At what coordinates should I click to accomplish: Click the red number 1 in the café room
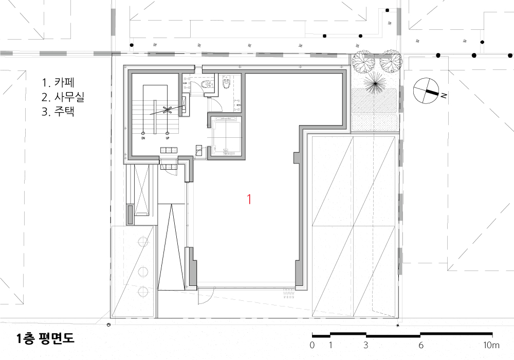pyautogui.click(x=249, y=200)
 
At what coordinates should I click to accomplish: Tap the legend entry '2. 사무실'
pyautogui.click(x=63, y=97)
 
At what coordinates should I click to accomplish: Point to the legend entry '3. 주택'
pyautogui.click(x=58, y=112)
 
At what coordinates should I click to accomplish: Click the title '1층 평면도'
pyautogui.click(x=46, y=338)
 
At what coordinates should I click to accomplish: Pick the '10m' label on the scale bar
pyautogui.click(x=491, y=345)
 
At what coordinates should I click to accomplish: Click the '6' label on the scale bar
pyautogui.click(x=420, y=345)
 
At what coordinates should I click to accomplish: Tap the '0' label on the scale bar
pyautogui.click(x=312, y=345)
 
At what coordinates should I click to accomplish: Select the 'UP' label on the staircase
pyautogui.click(x=168, y=138)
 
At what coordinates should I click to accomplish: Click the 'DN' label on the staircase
pyautogui.click(x=143, y=138)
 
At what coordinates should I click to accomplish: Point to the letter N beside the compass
pyautogui.click(x=444, y=96)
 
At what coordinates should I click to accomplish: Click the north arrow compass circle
pyautogui.click(x=426, y=91)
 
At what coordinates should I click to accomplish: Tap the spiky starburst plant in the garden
pyautogui.click(x=374, y=84)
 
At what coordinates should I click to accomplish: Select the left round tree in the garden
pyautogui.click(x=363, y=61)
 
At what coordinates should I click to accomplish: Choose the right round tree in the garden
pyautogui.click(x=391, y=61)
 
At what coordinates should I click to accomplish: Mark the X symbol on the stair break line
pyautogui.click(x=168, y=110)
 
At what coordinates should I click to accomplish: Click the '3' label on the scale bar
pyautogui.click(x=365, y=345)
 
